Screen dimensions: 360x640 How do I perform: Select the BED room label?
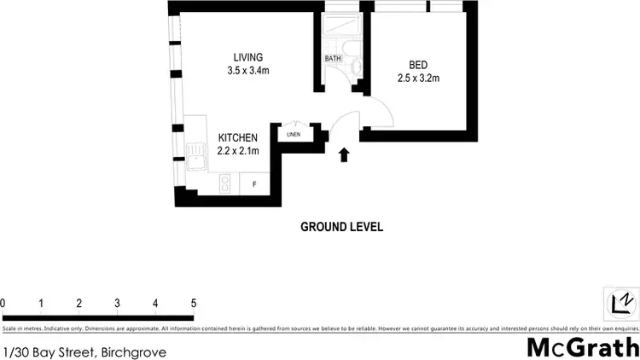pos(418,65)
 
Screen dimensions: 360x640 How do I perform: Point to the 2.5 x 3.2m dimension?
pos(418,78)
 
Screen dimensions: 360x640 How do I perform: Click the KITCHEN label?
pos(238,137)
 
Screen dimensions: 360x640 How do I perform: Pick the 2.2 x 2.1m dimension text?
pos(238,150)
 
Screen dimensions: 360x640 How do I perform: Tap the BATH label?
pos(333,59)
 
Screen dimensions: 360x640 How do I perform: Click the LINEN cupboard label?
pos(294,134)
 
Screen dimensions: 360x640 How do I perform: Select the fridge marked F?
pos(253,183)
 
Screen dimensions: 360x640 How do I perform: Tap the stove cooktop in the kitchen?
pos(226,183)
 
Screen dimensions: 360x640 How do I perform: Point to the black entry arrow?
pos(344,154)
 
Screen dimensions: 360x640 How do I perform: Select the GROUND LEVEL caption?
pos(341,227)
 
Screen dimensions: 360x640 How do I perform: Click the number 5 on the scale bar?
pos(194,303)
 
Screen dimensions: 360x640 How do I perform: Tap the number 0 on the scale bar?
pos(3,303)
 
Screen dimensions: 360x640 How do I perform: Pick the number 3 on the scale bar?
pos(117,303)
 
